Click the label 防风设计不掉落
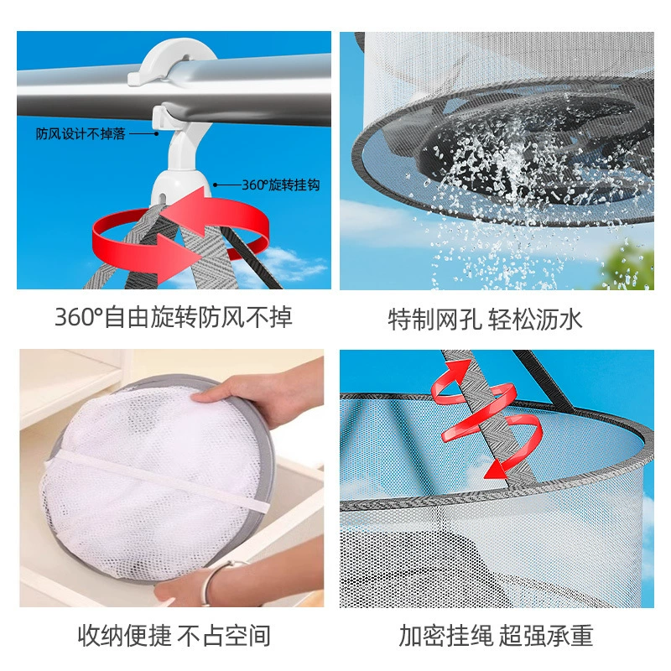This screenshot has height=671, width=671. [81, 134]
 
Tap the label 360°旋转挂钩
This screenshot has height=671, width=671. [281, 185]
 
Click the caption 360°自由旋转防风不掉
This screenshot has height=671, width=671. [174, 318]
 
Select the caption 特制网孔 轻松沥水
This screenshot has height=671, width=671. [485, 320]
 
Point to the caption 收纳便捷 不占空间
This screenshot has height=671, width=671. [174, 636]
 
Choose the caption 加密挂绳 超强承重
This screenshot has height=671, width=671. [496, 636]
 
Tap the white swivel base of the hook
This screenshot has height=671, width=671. [180, 187]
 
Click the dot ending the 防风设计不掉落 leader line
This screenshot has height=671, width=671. [157, 134]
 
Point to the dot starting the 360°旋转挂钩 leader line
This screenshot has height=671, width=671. [216, 185]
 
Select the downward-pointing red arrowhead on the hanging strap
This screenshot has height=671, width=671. [497, 469]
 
